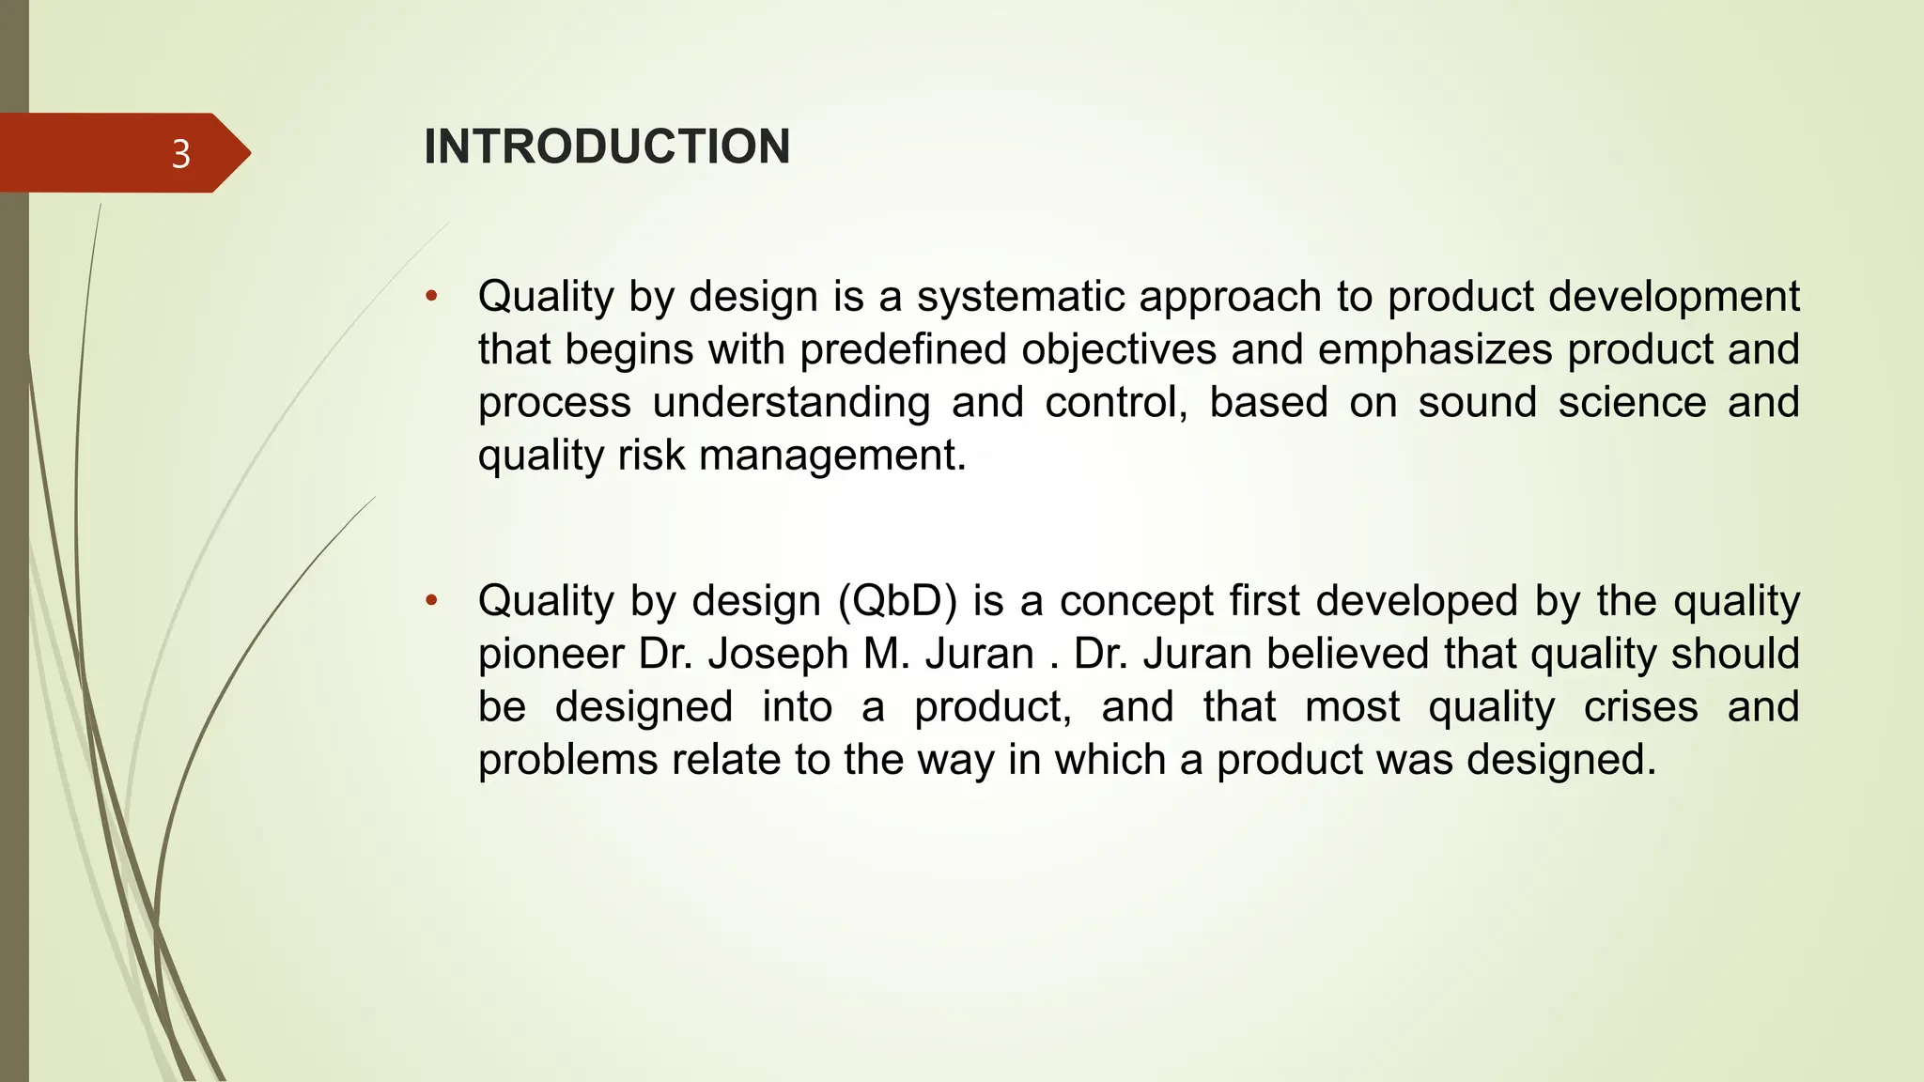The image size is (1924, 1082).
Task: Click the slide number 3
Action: tap(181, 153)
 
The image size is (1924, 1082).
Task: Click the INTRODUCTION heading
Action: tap(607, 147)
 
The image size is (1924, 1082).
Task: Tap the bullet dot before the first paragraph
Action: tap(431, 297)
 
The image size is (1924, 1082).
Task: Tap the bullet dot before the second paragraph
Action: tap(431, 601)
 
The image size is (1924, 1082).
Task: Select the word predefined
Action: tap(903, 349)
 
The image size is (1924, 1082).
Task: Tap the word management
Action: tap(832, 456)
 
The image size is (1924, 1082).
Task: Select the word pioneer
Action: tap(551, 654)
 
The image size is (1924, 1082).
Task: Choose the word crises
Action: tap(1640, 706)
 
